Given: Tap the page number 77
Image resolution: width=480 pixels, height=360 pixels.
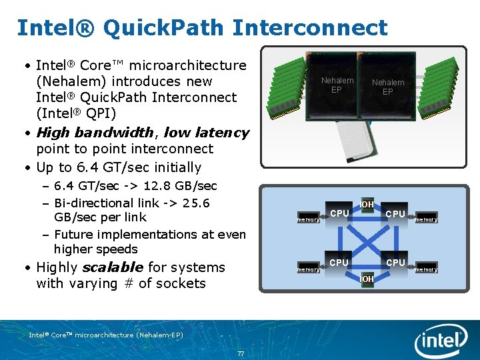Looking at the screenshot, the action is [239, 353].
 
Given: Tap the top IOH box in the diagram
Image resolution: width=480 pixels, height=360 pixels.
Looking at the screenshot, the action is [367, 203].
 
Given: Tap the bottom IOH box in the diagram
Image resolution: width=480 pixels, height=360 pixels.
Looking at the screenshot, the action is [367, 278].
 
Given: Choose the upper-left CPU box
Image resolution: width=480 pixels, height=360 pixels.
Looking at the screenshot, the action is [339, 213].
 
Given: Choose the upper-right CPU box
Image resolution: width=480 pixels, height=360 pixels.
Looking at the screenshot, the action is [395, 214].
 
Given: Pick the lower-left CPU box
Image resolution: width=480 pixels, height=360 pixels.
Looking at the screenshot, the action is [339, 263].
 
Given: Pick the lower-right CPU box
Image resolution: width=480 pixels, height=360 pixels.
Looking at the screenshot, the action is [395, 263].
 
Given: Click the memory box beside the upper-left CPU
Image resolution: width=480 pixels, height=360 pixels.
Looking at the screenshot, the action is [307, 219].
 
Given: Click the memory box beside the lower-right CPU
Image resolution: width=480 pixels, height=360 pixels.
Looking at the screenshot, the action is [426, 269].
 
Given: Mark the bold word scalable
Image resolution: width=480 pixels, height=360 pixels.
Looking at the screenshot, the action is [112, 267].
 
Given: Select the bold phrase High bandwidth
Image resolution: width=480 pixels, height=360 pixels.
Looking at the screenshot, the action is [95, 132].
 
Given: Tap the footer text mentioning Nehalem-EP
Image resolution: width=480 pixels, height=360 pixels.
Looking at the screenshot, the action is [106, 335].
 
